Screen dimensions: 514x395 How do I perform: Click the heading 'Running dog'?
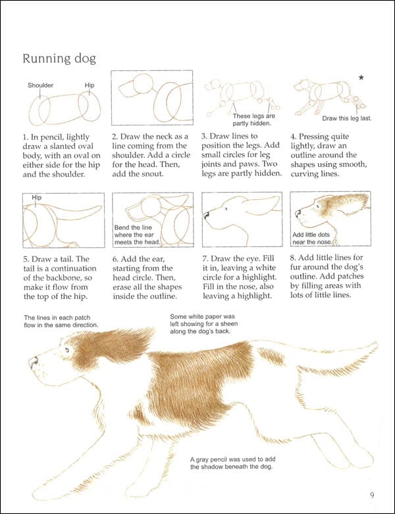(59, 59)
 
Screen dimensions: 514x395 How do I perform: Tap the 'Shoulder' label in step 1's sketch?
(40, 85)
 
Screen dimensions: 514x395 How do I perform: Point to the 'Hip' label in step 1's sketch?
(90, 85)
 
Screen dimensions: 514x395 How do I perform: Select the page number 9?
(372, 495)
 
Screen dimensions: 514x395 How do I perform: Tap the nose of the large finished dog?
(32, 362)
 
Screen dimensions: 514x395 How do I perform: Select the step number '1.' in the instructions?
(26, 137)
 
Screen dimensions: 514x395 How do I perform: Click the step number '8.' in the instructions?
(294, 257)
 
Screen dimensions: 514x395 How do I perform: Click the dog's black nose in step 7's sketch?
(207, 214)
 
